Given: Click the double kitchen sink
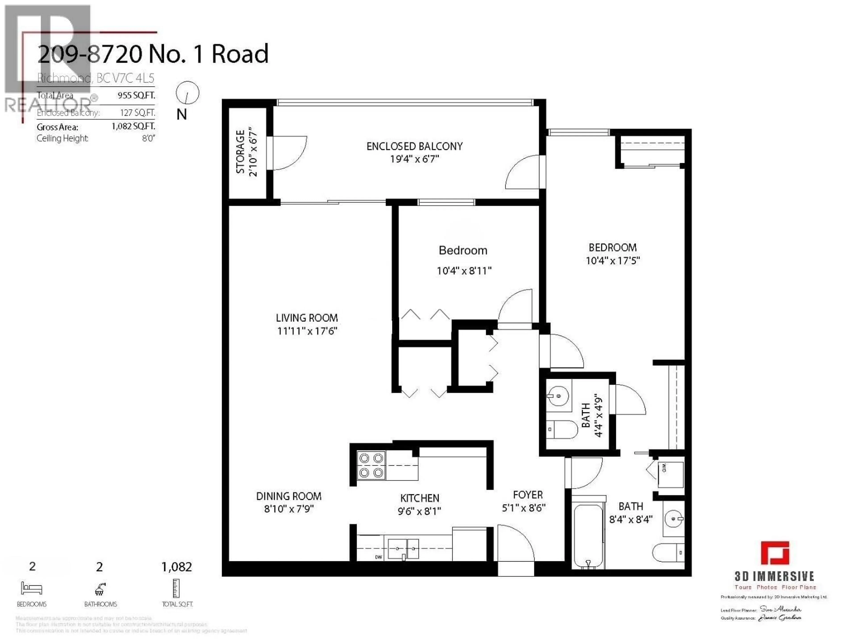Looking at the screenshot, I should pyautogui.click(x=403, y=548).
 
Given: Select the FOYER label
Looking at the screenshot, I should pyautogui.click(x=528, y=495).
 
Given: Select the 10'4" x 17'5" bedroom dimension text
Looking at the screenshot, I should pyautogui.click(x=613, y=261).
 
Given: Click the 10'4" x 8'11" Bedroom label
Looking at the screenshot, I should pyautogui.click(x=463, y=250).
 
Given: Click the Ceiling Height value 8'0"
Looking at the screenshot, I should pyautogui.click(x=148, y=138).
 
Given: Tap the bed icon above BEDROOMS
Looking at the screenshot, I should pyautogui.click(x=31, y=588).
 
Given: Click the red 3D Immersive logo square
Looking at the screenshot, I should pyautogui.click(x=775, y=553).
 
